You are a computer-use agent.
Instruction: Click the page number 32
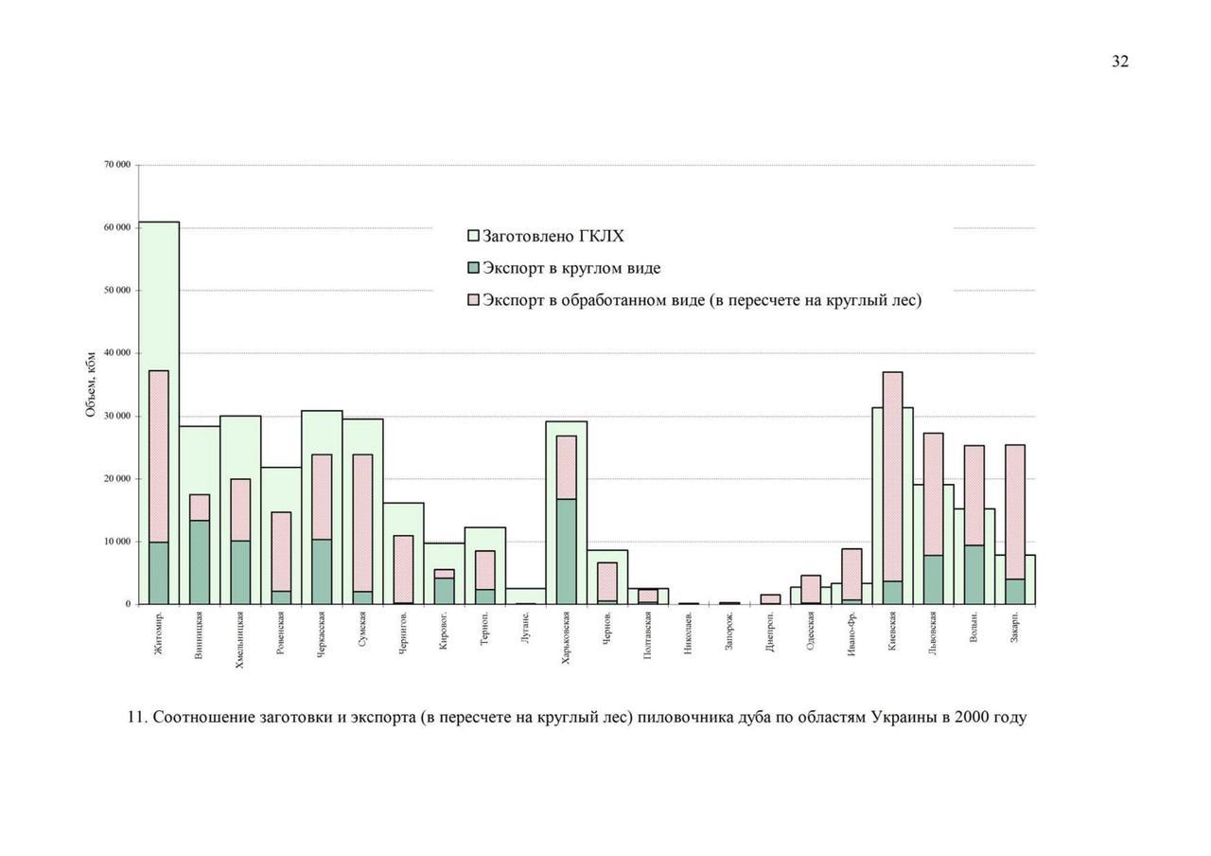pos(1119,62)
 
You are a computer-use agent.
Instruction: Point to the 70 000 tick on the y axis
pos(116,165)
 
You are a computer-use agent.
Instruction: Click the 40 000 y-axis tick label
pos(116,353)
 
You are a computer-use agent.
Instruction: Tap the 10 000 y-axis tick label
pos(116,542)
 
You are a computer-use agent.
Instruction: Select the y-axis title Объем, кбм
pos(91,383)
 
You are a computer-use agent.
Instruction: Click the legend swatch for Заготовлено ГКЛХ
pos(474,236)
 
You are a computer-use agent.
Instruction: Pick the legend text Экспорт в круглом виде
pos(571,268)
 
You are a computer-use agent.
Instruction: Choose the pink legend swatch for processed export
pos(474,300)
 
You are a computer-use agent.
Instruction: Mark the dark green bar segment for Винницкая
pos(200,562)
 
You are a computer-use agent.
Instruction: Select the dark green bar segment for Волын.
pos(974,574)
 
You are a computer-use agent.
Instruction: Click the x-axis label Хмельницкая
pos(240,639)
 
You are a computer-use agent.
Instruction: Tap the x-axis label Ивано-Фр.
pos(851,634)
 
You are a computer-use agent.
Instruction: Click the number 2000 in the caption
pos(973,717)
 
